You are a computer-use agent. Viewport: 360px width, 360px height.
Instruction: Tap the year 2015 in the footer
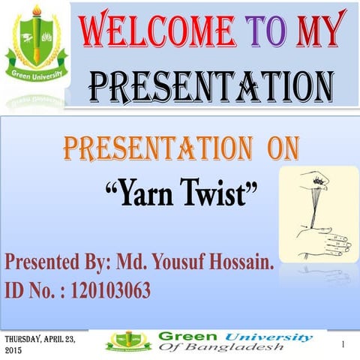14,350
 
